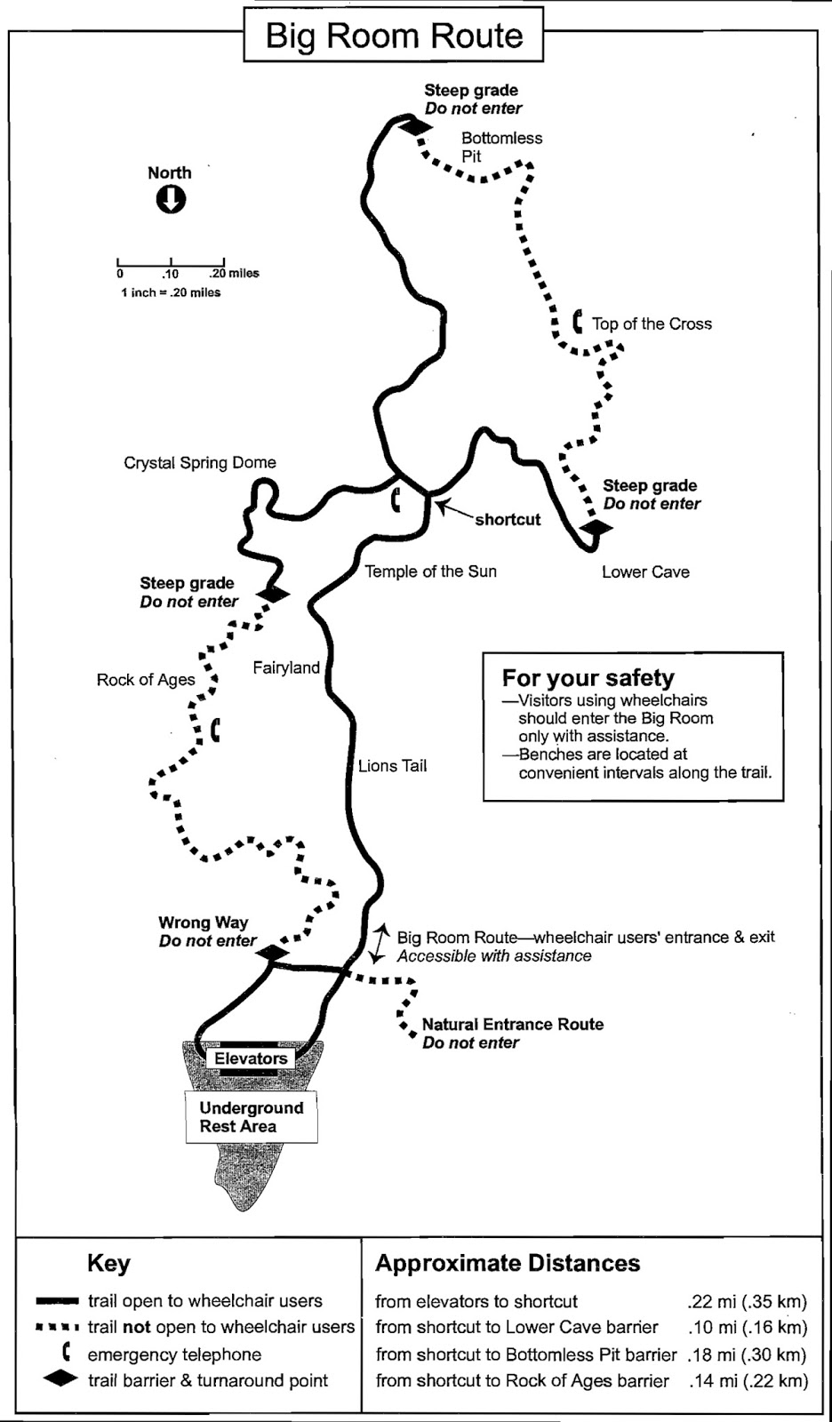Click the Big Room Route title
pos(394,36)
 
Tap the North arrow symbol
pos(171,200)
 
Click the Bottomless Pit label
pos(501,147)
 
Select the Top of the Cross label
pos(652,324)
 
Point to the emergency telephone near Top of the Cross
pos(578,321)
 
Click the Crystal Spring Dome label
pos(200,463)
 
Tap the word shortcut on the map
pos(508,520)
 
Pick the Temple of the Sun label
pos(430,571)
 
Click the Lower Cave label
pos(645,572)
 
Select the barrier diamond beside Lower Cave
pos(596,528)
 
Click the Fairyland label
pos(286,667)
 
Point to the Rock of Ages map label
pos(146,680)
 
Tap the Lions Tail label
pos(392,766)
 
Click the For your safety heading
pos(588,678)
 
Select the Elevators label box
pos(251,1059)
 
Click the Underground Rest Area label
pos(252,1117)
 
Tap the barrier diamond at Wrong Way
pos(273,954)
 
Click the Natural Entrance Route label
pos(512,1025)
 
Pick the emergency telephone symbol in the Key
pos(66,1354)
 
